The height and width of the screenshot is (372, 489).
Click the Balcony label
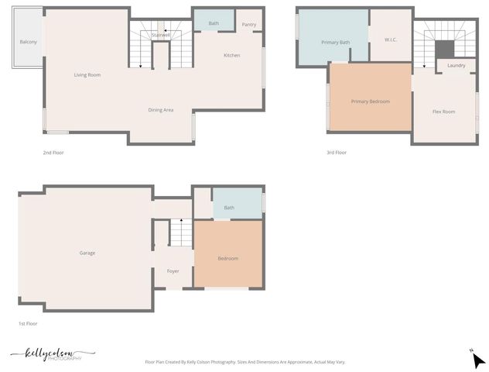click(28, 42)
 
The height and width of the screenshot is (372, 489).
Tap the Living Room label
click(87, 75)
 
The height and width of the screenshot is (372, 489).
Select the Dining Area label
click(161, 110)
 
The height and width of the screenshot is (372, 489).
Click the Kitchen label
click(232, 56)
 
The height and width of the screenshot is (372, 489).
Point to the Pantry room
click(248, 25)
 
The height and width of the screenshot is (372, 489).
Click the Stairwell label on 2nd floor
click(161, 35)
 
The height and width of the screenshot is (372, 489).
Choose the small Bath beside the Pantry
click(214, 23)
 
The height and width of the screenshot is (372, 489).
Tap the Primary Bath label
click(336, 42)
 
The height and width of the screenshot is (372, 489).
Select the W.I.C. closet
click(390, 39)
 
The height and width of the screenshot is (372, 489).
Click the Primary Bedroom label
click(370, 102)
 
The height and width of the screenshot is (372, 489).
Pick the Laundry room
click(457, 66)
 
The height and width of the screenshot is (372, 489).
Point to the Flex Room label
click(443, 112)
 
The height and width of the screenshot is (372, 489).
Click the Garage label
click(87, 253)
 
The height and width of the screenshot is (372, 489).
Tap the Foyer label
click(173, 270)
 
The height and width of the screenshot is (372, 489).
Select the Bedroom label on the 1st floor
click(227, 258)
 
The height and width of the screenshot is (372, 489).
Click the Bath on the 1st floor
click(229, 208)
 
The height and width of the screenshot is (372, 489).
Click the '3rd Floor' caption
click(337, 153)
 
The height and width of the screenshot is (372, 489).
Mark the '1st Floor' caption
click(28, 323)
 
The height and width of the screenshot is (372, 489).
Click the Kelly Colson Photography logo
click(53, 354)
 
